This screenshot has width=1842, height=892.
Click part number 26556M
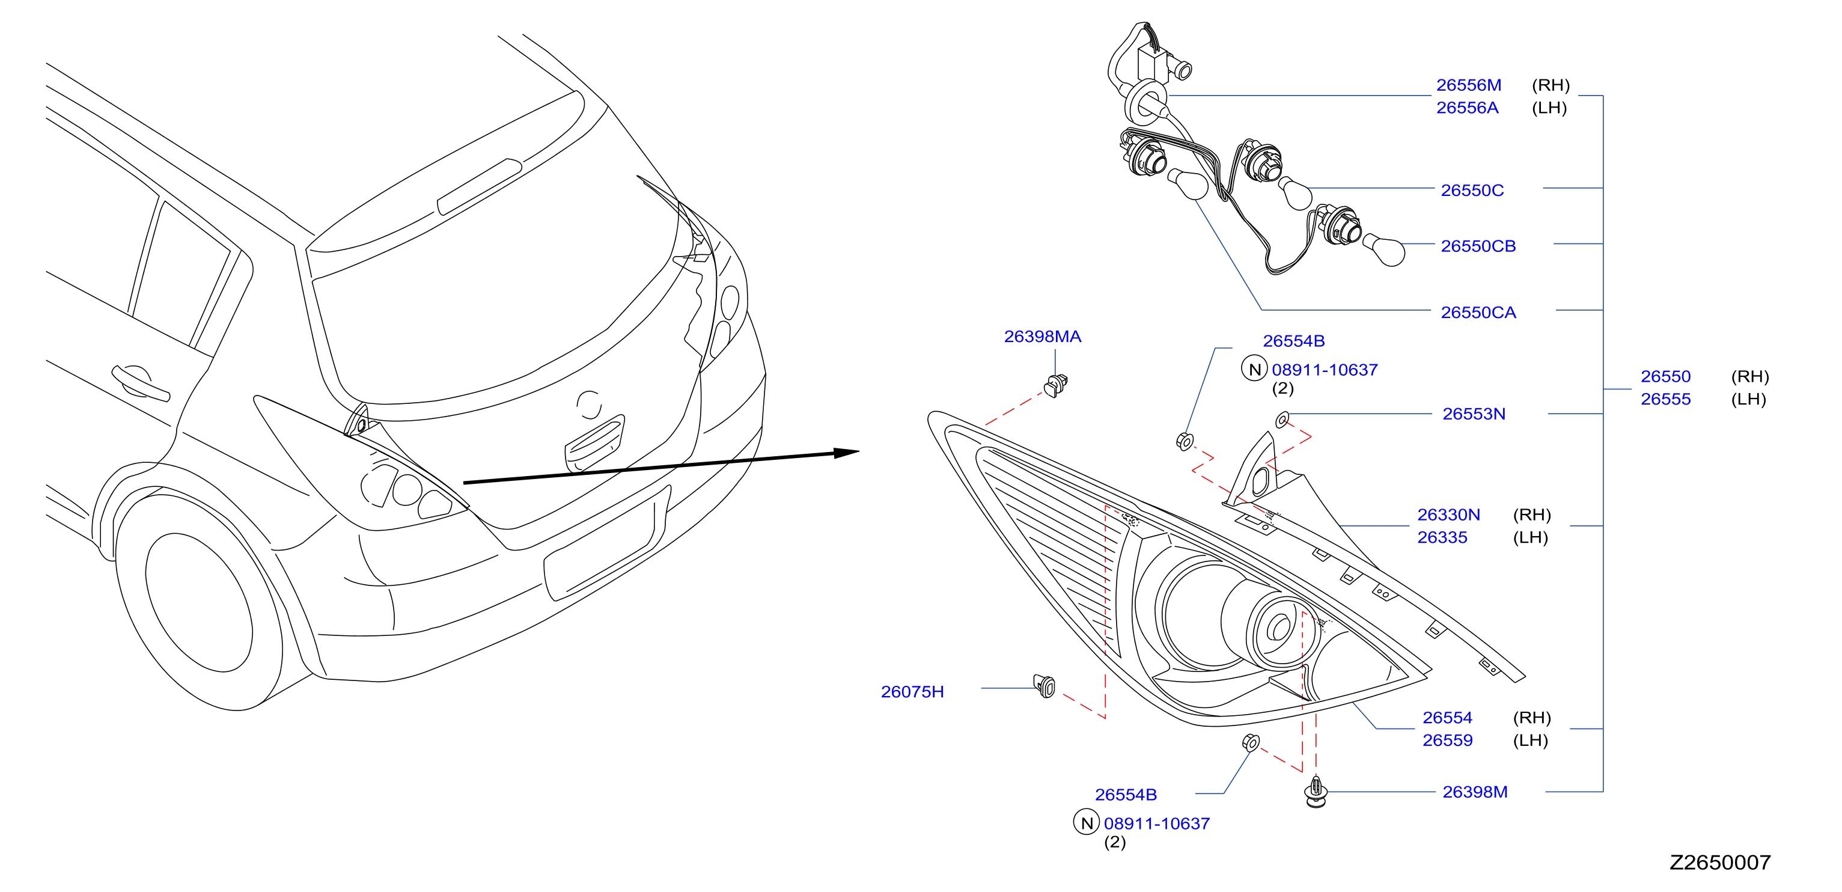point(1468,85)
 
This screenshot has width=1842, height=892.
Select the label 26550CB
point(1478,246)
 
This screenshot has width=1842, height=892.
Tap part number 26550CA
point(1478,313)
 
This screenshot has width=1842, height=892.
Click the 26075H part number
point(912,692)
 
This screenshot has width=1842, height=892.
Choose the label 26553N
point(1473,414)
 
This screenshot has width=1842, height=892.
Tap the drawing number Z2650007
point(1720,862)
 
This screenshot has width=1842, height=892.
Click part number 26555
point(1665,399)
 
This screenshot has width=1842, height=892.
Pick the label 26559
point(1447,741)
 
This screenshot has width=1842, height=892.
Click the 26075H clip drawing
point(1045,685)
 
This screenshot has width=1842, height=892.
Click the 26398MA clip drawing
point(1055,385)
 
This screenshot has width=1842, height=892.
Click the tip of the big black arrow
point(859,451)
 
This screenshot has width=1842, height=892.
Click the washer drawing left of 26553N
point(1282,418)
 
